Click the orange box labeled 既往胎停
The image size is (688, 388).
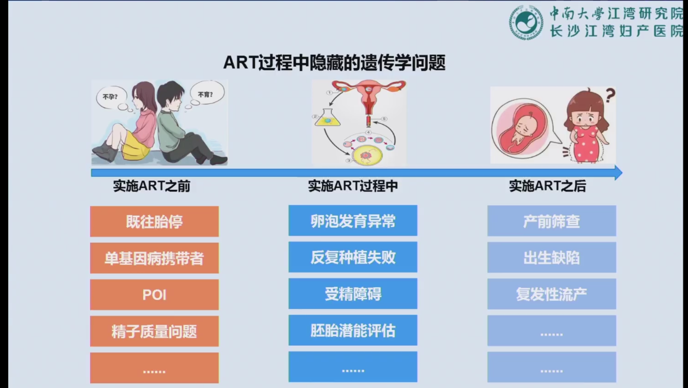[x=154, y=221]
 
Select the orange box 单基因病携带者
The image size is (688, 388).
[x=154, y=258]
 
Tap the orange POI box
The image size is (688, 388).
[x=154, y=294]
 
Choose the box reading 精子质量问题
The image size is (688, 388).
[x=154, y=331]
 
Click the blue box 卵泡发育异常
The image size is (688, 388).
[x=353, y=220]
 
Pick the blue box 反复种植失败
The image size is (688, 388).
[x=353, y=257]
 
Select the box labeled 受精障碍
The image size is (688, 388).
[x=353, y=294]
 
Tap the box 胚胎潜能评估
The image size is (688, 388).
[x=353, y=330]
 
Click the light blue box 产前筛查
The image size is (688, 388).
[x=551, y=221]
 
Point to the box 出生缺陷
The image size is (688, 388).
[x=551, y=258]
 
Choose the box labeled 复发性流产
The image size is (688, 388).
[x=551, y=294]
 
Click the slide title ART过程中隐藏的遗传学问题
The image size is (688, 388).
[x=334, y=63]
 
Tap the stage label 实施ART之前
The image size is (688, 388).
[x=152, y=186]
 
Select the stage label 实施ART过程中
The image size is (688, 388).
[x=353, y=186]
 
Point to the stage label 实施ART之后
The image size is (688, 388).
[x=548, y=186]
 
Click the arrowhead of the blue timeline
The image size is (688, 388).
[x=618, y=173]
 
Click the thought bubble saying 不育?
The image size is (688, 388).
[x=207, y=93]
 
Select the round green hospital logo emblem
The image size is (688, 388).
[x=526, y=22]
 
